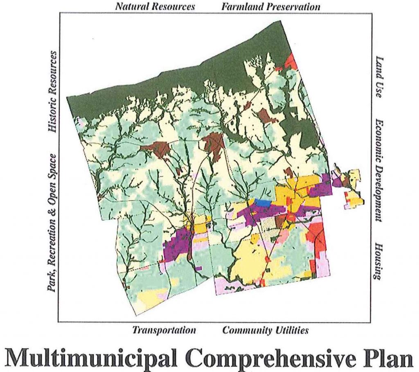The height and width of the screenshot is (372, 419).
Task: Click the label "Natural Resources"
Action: tap(155, 7)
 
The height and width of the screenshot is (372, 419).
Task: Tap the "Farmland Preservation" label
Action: tap(271, 7)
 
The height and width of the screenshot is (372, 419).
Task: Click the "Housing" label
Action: tap(378, 262)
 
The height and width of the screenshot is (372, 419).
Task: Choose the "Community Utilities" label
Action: tap(266, 330)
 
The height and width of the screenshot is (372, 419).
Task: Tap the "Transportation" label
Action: tap(164, 330)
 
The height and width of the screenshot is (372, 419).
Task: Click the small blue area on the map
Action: tap(262, 203)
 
